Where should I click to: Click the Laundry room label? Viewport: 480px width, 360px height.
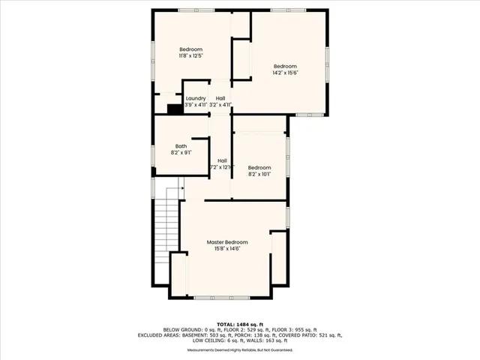point(196,98)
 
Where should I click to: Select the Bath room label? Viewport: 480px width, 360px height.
point(181,146)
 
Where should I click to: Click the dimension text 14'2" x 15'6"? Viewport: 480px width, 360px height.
point(285,73)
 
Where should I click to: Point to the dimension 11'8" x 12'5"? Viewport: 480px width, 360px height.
point(191,55)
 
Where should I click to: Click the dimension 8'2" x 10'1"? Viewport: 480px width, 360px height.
point(259,174)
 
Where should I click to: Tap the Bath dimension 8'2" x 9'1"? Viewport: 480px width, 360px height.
point(181,153)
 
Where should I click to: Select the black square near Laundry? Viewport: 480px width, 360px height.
point(175,109)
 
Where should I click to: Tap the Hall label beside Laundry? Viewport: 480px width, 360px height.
point(220,98)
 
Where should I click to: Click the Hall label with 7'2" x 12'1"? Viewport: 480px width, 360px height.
point(223,160)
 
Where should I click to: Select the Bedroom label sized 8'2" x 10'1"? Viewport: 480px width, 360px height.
point(259,167)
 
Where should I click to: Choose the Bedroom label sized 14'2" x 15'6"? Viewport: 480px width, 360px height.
point(285,66)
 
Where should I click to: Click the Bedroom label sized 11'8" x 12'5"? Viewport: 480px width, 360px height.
point(191,49)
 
